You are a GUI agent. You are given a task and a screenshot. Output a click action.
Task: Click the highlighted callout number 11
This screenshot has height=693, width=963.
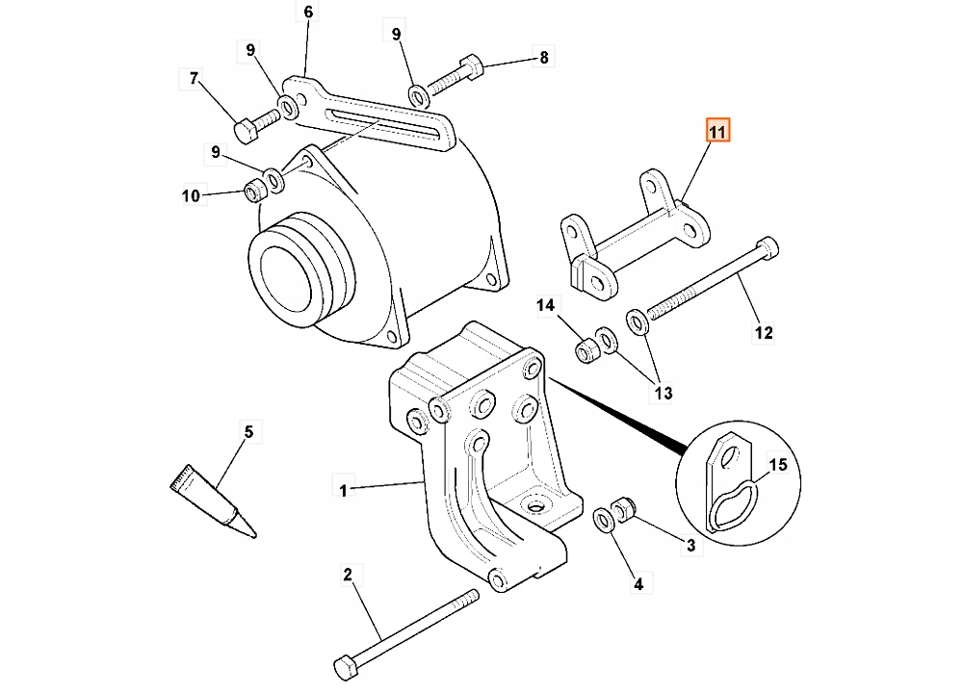(x=718, y=130)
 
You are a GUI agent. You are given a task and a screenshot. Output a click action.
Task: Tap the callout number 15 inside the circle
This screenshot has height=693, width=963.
(x=778, y=466)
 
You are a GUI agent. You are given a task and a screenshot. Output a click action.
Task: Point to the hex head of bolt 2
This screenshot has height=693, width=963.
(x=344, y=666)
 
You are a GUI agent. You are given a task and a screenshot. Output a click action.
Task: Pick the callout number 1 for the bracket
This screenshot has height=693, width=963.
(x=343, y=490)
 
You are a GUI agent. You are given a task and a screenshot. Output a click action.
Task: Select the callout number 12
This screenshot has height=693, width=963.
(x=763, y=334)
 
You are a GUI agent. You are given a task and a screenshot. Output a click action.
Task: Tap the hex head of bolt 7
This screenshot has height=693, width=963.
(x=244, y=128)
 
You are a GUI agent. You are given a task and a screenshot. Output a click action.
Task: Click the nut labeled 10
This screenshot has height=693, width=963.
(x=254, y=191)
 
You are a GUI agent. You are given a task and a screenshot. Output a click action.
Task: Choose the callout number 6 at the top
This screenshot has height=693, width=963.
(x=308, y=13)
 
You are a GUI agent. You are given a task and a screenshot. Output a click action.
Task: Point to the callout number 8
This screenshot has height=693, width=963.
(x=543, y=59)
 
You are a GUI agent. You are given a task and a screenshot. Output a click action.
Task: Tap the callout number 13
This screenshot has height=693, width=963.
(x=664, y=393)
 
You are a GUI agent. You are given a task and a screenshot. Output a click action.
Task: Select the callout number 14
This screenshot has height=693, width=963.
(x=546, y=306)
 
